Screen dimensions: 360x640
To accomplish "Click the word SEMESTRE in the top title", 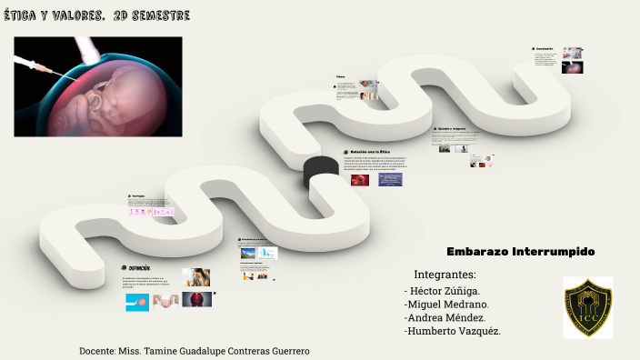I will coord(163,17).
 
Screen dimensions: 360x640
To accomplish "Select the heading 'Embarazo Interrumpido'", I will coord(520,251).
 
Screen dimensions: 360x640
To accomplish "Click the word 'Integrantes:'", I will coord(445,275).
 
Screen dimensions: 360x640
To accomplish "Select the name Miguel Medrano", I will coord(447,304).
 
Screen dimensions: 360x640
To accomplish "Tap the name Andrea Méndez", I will coord(445,317).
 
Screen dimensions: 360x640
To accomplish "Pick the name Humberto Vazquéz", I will coord(452,331).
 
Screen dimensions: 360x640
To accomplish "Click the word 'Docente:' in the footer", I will coord(97,350).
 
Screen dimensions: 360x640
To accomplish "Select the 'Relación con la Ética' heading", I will coord(376,152).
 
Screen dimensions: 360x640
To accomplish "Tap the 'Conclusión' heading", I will coord(545,48).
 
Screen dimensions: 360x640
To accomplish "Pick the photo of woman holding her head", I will coord(195,276).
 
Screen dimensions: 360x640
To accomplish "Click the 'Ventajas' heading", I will coord(138,196).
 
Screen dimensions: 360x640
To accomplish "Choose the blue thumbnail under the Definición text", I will coord(137,302).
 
